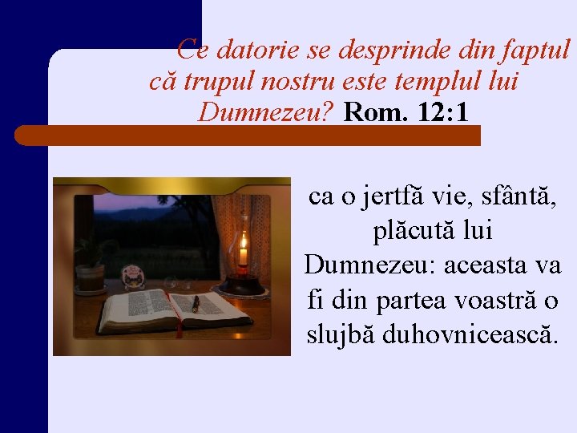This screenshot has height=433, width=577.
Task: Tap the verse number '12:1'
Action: [x=443, y=112]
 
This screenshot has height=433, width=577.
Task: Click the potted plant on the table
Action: [x=91, y=265]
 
